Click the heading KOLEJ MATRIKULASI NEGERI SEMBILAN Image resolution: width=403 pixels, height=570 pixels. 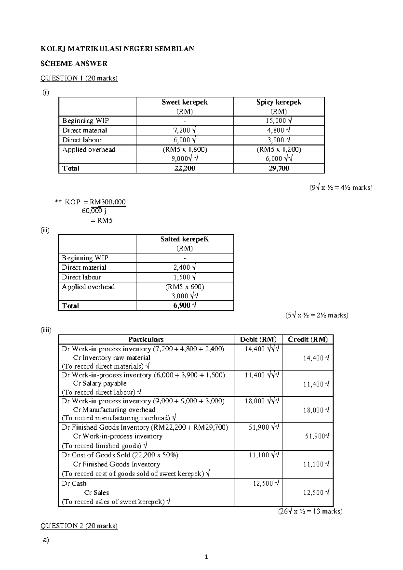(117, 49)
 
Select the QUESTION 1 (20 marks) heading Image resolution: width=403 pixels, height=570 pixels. (79, 78)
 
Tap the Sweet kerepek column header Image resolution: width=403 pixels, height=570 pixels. (184, 102)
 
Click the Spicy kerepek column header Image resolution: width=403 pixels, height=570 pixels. (278, 102)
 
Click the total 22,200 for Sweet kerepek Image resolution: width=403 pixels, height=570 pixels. (184, 168)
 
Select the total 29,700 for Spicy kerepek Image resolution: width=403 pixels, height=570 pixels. (279, 168)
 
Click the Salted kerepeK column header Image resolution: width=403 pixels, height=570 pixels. (184, 239)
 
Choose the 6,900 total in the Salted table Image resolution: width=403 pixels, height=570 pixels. (182, 306)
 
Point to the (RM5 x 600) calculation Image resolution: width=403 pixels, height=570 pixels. (184, 287)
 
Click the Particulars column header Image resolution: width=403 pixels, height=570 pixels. (146, 339)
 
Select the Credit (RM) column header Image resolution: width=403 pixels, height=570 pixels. (308, 339)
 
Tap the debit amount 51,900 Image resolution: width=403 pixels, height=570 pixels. (259, 427)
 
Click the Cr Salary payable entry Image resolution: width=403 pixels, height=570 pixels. (100, 383)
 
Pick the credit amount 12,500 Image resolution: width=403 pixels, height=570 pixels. (314, 493)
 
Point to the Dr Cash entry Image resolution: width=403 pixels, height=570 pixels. (74, 483)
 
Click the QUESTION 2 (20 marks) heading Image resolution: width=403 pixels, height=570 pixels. (79, 526)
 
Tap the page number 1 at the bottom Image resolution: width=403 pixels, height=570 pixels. (206, 557)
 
